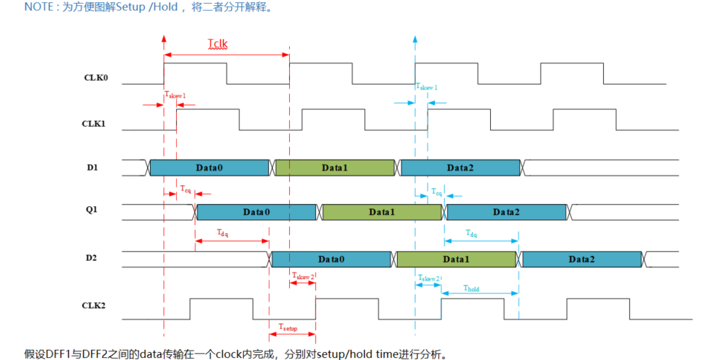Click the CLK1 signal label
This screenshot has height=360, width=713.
click(x=95, y=123)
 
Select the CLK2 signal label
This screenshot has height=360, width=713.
click(x=95, y=305)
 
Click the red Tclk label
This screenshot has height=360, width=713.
click(x=217, y=44)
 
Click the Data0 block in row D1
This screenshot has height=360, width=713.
click(x=209, y=168)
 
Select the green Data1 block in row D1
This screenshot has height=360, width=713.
click(x=335, y=168)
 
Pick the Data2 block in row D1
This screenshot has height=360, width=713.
click(x=460, y=168)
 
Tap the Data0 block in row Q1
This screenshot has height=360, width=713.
click(x=256, y=212)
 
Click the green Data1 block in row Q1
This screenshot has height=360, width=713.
click(x=382, y=212)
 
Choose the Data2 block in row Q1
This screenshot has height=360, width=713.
click(x=507, y=212)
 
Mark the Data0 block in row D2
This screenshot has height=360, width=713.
click(x=332, y=259)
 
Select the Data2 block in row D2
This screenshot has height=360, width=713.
click(x=582, y=259)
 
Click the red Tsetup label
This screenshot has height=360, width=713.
click(x=288, y=329)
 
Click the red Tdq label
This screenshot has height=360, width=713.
click(x=223, y=232)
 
